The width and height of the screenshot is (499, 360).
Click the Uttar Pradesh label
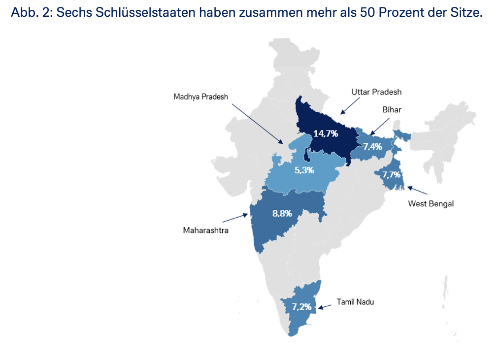click(x=376, y=92)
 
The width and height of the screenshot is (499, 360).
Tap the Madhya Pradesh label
click(x=200, y=97)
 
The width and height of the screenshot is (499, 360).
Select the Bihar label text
click(x=392, y=110)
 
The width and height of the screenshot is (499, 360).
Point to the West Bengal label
click(x=431, y=204)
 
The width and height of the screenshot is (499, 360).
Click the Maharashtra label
click(x=205, y=230)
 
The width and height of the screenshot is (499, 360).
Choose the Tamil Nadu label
click(x=355, y=302)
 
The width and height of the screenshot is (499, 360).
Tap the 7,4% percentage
click(x=372, y=146)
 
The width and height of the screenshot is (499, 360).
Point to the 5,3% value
click(x=304, y=170)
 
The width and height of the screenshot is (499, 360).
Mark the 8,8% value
click(x=282, y=214)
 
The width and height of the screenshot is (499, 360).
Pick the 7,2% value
click(x=301, y=307)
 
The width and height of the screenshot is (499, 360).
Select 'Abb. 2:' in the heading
click(x=31, y=12)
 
